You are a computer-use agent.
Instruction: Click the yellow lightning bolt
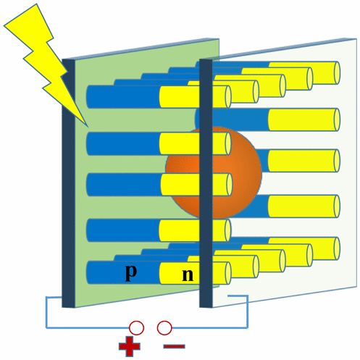click(x=46, y=60)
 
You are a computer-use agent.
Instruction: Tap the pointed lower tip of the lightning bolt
click(x=88, y=127)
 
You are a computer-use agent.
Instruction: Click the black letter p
click(x=131, y=272)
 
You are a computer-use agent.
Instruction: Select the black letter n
click(x=188, y=275)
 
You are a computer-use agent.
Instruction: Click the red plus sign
click(x=129, y=346)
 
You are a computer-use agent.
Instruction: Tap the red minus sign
click(x=174, y=346)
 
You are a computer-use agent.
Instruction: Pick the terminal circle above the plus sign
click(x=136, y=327)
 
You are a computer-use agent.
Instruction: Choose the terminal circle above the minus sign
click(x=164, y=327)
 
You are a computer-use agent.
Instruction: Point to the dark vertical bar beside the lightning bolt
click(x=68, y=183)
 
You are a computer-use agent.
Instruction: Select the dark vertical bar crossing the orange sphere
click(x=206, y=183)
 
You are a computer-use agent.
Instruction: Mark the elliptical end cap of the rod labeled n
click(x=228, y=273)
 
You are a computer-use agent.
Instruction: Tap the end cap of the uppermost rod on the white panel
click(x=337, y=73)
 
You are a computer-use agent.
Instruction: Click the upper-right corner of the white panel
click(x=356, y=38)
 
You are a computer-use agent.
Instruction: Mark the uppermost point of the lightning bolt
click(x=37, y=4)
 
